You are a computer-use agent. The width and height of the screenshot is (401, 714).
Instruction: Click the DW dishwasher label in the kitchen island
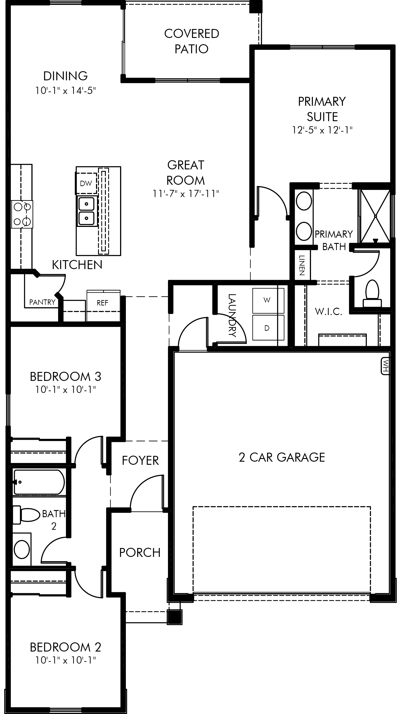86,183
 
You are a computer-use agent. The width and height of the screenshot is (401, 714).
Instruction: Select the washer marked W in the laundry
268,301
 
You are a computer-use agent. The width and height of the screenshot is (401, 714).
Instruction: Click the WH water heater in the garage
385,366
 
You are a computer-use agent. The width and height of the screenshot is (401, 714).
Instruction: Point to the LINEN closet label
302,265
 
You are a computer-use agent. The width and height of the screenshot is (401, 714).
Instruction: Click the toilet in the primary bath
372,293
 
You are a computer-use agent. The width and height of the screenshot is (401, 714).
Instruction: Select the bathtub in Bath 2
39,482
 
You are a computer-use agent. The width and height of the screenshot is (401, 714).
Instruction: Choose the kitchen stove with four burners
22,214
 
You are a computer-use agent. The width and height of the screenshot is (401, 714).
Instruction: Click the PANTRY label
42,302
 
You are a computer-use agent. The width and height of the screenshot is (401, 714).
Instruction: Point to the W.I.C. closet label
329,311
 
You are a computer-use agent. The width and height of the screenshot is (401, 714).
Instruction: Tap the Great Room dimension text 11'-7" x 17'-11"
186,193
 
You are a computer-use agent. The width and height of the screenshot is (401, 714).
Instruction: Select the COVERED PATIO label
192,41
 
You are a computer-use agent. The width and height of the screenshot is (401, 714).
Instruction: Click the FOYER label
140,461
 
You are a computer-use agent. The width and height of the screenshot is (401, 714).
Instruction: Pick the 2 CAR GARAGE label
282,457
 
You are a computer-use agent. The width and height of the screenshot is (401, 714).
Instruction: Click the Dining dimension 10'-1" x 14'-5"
65,90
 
